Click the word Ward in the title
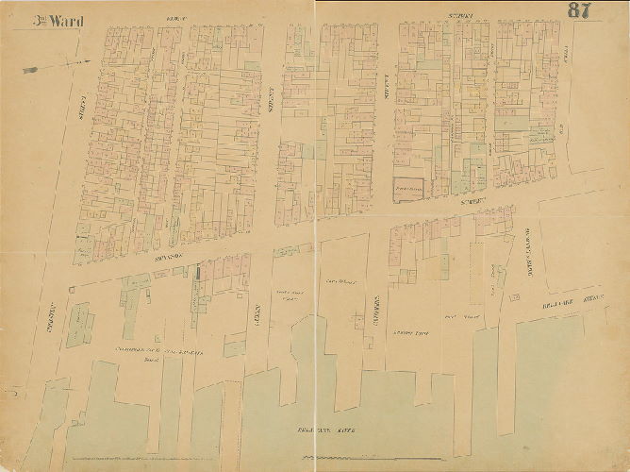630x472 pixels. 65,20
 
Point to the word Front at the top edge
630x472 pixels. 173,17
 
